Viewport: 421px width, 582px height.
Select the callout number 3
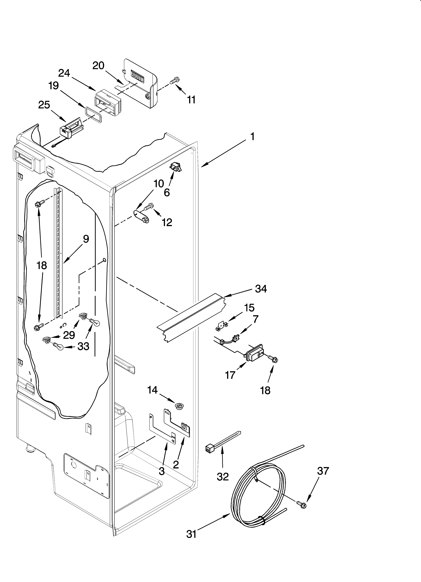coord(162,471)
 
